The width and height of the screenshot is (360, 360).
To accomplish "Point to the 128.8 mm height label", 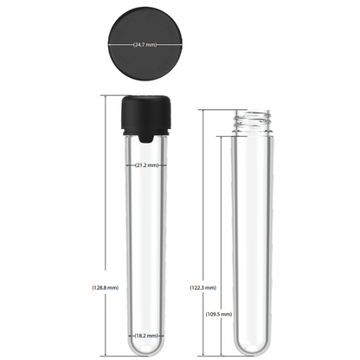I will coord(105,286).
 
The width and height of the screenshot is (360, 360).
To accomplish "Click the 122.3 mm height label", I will coord(202,286).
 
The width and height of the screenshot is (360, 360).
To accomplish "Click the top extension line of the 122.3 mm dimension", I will coord(216,110).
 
